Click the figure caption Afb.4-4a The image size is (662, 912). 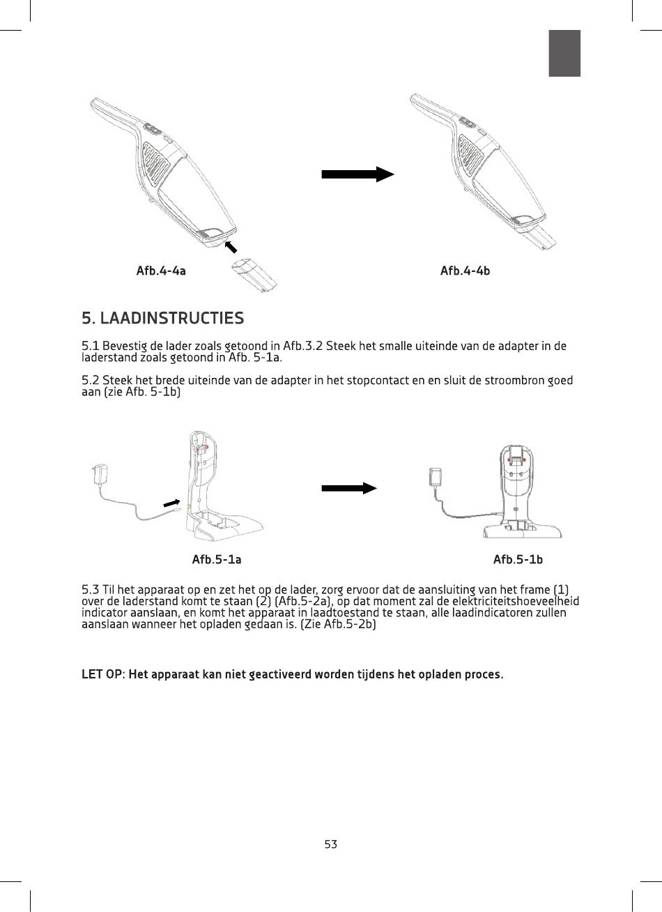[x=161, y=271]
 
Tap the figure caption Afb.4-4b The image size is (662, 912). [x=465, y=271]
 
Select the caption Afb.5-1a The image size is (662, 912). [x=217, y=559]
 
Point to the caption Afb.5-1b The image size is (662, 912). [x=518, y=559]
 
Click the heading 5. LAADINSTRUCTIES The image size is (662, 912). [x=163, y=318]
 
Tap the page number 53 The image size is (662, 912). [x=331, y=844]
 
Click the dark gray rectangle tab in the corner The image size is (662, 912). [x=564, y=53]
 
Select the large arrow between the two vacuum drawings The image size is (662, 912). [x=357, y=174]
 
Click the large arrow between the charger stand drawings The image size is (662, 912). [x=349, y=488]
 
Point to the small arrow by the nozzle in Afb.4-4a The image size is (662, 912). [x=231, y=247]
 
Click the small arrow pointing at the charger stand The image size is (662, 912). [x=171, y=503]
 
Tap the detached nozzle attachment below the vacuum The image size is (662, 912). [x=254, y=275]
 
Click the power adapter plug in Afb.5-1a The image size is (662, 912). [x=98, y=473]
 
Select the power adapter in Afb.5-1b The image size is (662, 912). [x=436, y=477]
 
